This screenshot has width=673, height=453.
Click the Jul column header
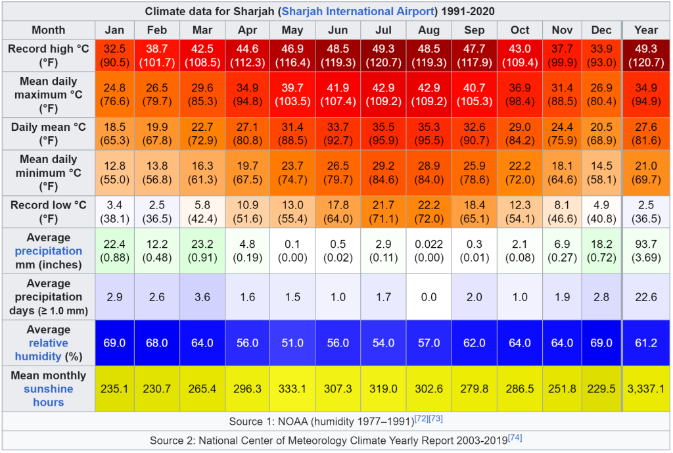coord(383,30)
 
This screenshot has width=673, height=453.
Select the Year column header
coord(646,30)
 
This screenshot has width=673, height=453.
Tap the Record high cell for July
coord(383,55)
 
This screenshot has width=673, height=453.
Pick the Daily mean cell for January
coord(114,133)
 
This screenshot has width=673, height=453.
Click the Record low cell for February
coord(157,212)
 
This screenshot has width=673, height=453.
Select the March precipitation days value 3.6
coord(202,297)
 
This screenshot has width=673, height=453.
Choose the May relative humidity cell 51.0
coord(292,343)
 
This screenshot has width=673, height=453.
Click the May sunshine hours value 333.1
coord(292,389)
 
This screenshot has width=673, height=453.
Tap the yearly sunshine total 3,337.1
coord(646,389)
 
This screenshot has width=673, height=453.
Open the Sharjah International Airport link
coord(359,11)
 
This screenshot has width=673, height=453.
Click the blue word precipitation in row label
coord(49,251)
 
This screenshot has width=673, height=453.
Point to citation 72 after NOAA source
coord(420,418)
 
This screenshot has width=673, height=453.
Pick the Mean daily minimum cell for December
coord(601,172)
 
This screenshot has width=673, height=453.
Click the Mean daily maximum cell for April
coord(248,94)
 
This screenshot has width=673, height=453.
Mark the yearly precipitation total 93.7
coord(646,251)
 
